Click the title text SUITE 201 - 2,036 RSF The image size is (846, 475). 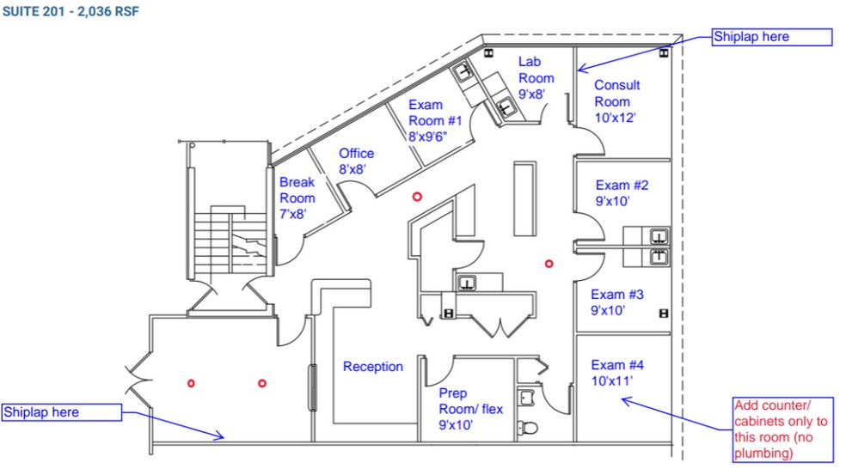pos(70,11)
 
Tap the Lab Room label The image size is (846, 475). pos(536,77)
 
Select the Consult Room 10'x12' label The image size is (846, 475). pos(616,101)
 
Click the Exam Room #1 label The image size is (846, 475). pos(435,120)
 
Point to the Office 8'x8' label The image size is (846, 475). pos(356,161)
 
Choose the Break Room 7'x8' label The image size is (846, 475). pos(297,198)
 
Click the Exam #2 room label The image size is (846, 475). pos(622,193)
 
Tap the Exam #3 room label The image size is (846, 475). pos(617,302)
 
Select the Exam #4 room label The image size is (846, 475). pos(617,373)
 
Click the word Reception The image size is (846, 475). pos(373,367)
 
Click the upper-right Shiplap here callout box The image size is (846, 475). pos(771,37)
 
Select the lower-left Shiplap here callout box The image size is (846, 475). pos(62,412)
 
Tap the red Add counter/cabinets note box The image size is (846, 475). pos(783,429)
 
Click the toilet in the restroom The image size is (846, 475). pos(528,428)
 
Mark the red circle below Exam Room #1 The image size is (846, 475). pos(417,197)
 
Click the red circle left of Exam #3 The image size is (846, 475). pos(549,264)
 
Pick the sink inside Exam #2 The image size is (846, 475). pos(659,236)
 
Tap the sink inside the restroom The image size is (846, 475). pos(526,399)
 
